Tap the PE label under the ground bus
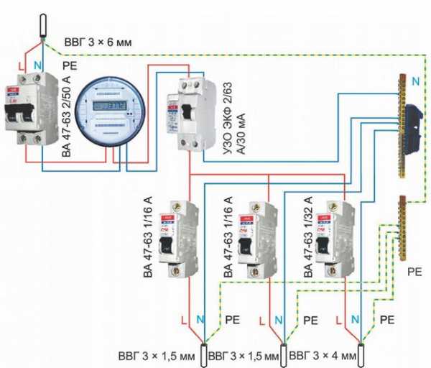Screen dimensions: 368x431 pos(415,272)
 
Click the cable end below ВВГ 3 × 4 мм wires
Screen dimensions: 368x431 pos(366,354)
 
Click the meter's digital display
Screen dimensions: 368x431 pos(106,106)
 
